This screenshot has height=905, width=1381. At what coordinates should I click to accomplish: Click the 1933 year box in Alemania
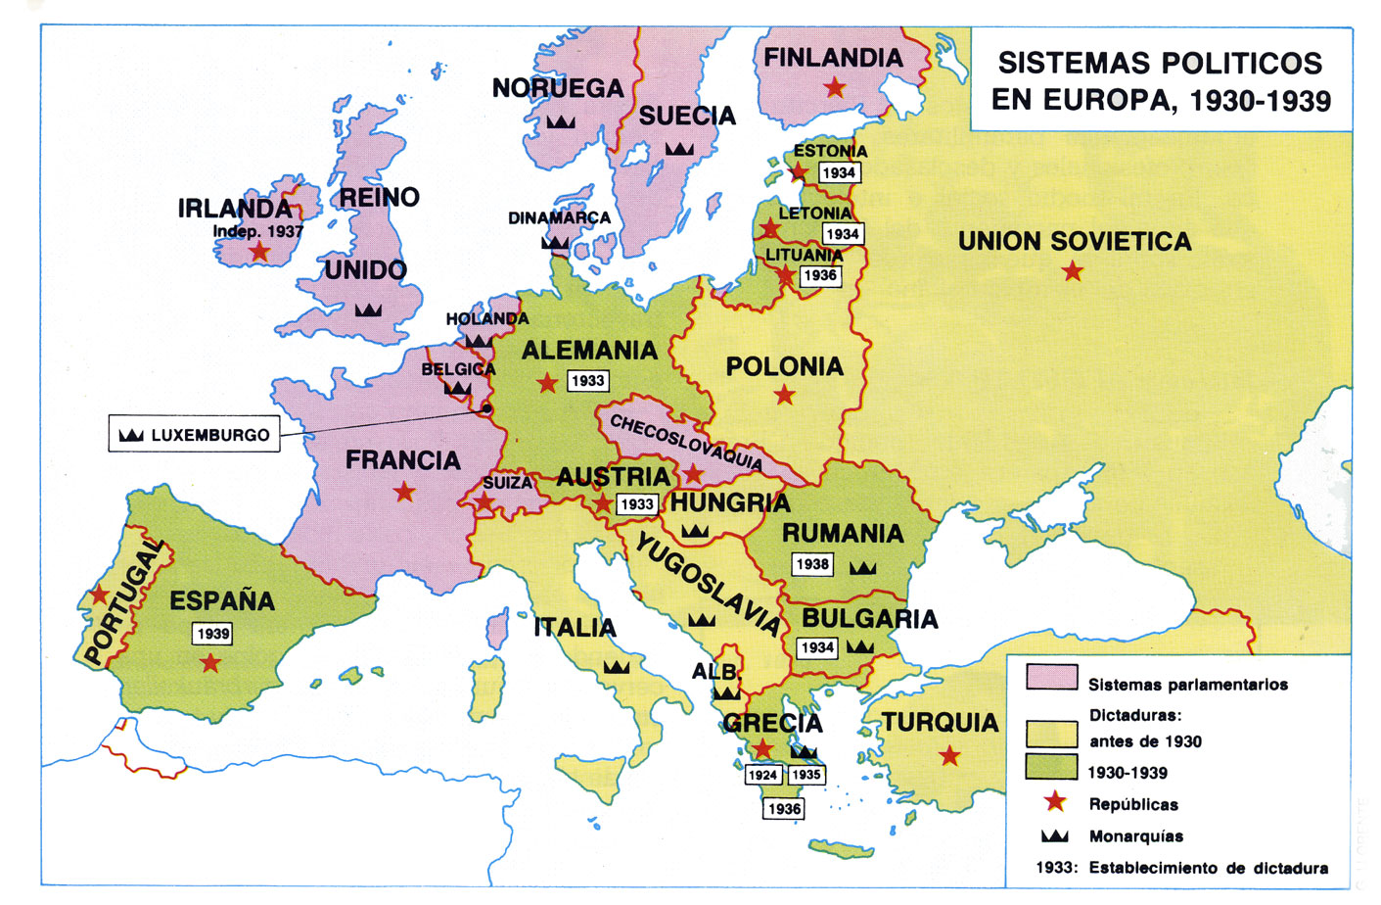click(x=588, y=381)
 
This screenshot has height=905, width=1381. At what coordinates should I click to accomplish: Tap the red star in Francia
click(x=404, y=493)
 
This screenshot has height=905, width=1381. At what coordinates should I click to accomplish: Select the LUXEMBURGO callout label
click(x=194, y=435)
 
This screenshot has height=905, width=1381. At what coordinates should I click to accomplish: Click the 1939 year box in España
click(x=213, y=634)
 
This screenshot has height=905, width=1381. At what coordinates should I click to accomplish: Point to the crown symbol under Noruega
click(x=560, y=121)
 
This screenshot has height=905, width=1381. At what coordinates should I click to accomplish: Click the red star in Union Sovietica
click(x=1073, y=271)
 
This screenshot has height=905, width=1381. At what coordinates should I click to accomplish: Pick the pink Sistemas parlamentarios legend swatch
click(x=1051, y=678)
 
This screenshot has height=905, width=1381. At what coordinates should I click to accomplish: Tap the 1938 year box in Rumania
click(x=812, y=564)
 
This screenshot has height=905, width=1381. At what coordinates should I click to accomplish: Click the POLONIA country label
click(x=784, y=367)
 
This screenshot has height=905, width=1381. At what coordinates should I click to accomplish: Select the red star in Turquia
click(x=948, y=756)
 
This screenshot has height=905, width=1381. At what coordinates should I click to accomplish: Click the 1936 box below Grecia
click(x=784, y=809)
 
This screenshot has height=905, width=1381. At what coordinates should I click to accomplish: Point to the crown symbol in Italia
click(x=616, y=667)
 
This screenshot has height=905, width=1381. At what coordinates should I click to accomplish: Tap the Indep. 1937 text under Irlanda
click(x=258, y=232)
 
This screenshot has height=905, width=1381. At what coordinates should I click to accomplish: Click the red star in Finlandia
click(x=834, y=88)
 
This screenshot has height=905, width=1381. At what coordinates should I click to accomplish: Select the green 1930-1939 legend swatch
click(x=1051, y=766)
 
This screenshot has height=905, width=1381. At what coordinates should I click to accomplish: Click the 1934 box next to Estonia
click(x=839, y=173)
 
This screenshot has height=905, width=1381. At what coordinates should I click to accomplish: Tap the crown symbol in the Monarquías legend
click(x=1054, y=835)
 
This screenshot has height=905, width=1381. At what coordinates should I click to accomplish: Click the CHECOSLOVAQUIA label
click(x=685, y=442)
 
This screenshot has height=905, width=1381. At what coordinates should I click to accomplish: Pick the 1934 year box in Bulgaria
click(x=816, y=647)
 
